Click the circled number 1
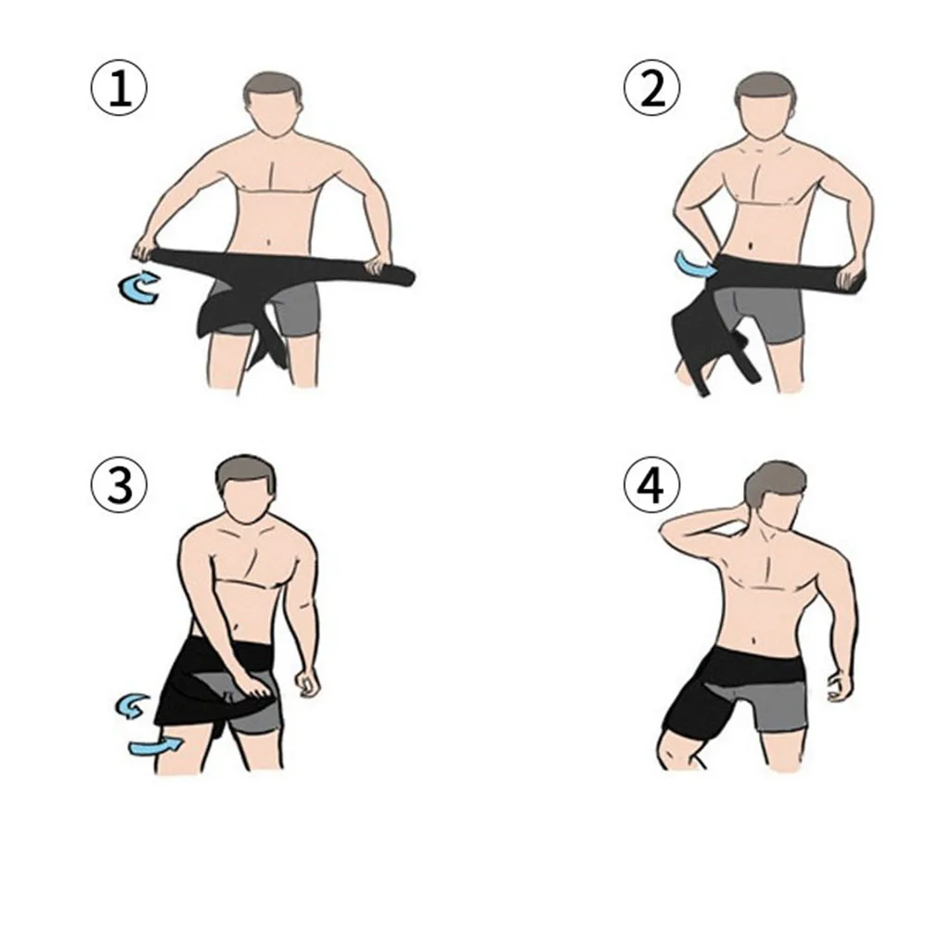pyautogui.click(x=119, y=88)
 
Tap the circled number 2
pyautogui.click(x=652, y=88)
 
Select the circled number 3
pyautogui.click(x=119, y=485)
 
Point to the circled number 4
pyautogui.click(x=652, y=484)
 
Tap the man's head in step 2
pyautogui.click(x=766, y=106)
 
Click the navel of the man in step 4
pyautogui.click(x=755, y=640)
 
